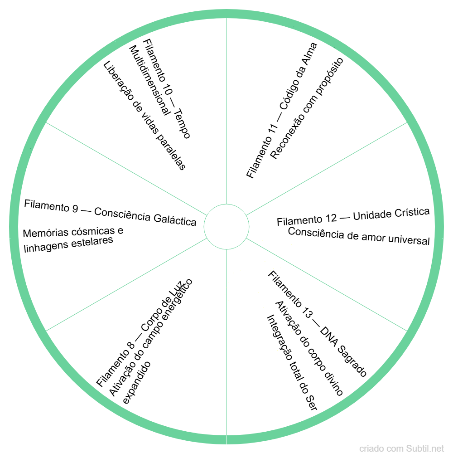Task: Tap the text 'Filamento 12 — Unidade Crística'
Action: tap(353, 217)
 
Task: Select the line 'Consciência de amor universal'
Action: tap(359, 235)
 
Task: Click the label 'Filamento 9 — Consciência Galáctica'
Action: tap(110, 212)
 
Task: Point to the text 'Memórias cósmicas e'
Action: tap(73, 232)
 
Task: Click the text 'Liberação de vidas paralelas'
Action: tap(145, 116)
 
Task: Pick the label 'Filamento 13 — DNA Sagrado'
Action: tap(317, 324)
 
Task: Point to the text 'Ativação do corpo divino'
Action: tap(309, 348)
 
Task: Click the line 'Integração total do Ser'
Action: tap(291, 363)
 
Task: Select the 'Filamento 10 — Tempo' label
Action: tap(167, 88)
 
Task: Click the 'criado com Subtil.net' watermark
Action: tap(402, 449)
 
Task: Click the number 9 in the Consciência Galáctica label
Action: tap(74, 208)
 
